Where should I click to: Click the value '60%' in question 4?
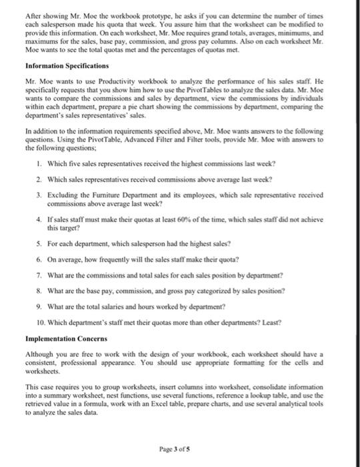point(175,217)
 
